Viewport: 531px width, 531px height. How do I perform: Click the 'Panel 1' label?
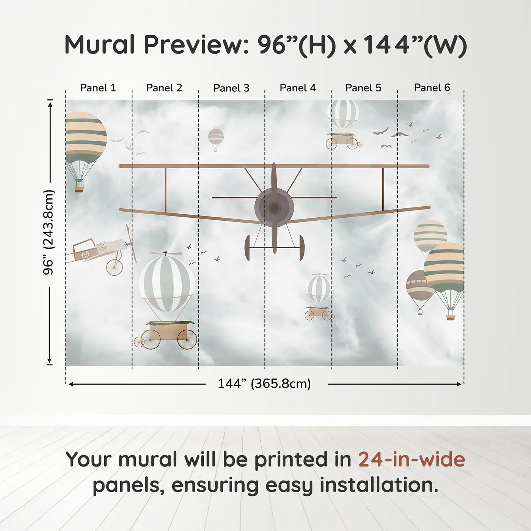98,88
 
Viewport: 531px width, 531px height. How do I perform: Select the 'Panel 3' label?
231,88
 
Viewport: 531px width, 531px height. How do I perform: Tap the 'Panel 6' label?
432,88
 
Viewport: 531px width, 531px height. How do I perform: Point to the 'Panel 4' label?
297,88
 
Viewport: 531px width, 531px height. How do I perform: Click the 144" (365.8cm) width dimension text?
264,384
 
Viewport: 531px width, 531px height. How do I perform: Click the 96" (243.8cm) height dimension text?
49,232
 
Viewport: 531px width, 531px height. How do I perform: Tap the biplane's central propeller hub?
274,208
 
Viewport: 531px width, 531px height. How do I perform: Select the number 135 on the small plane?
85,255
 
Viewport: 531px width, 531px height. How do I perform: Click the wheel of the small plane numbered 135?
115,267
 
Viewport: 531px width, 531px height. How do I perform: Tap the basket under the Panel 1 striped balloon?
79,189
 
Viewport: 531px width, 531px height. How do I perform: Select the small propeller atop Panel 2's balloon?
165,253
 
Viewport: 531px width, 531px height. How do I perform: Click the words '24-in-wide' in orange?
412,460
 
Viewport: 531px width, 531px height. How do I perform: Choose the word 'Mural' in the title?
99,45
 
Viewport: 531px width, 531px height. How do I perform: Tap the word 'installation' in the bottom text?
378,485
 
